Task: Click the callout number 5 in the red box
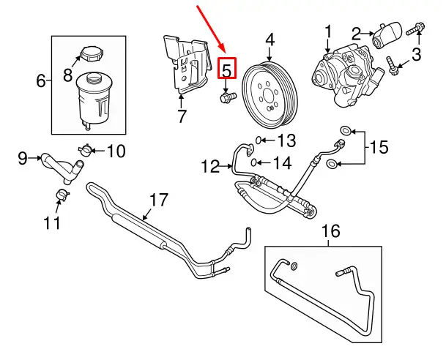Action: coord(227,70)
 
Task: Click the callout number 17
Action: coord(159,200)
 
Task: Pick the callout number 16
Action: coord(331,231)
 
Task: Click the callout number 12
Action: coord(211,168)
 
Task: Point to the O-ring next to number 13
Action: coord(260,140)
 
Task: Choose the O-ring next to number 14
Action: coord(253,162)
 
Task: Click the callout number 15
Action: coord(377,148)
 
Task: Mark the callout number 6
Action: coord(41,80)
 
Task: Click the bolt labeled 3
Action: coord(393,67)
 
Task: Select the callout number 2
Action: coord(357,33)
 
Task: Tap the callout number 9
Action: coord(21,157)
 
